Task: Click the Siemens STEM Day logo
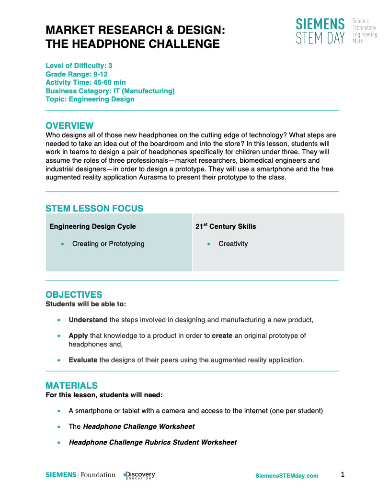(x=335, y=31)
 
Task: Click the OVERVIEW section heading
(x=69, y=126)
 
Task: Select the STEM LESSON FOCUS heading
(x=94, y=208)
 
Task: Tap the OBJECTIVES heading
(x=74, y=295)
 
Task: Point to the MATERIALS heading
(x=71, y=386)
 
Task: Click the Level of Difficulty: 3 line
(x=79, y=66)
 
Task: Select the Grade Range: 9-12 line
(x=77, y=74)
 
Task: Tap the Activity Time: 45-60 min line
(x=86, y=82)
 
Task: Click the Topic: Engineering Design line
(x=90, y=100)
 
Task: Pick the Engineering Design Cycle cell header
(x=92, y=226)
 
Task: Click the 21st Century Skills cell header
(x=226, y=226)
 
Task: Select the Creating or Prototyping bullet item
(x=108, y=244)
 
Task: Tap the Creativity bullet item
(x=233, y=244)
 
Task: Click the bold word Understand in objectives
(x=88, y=320)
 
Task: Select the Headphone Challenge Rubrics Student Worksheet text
(x=153, y=442)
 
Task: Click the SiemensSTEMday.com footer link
(x=286, y=475)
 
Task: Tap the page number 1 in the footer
(x=343, y=474)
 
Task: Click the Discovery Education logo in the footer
(x=139, y=475)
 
